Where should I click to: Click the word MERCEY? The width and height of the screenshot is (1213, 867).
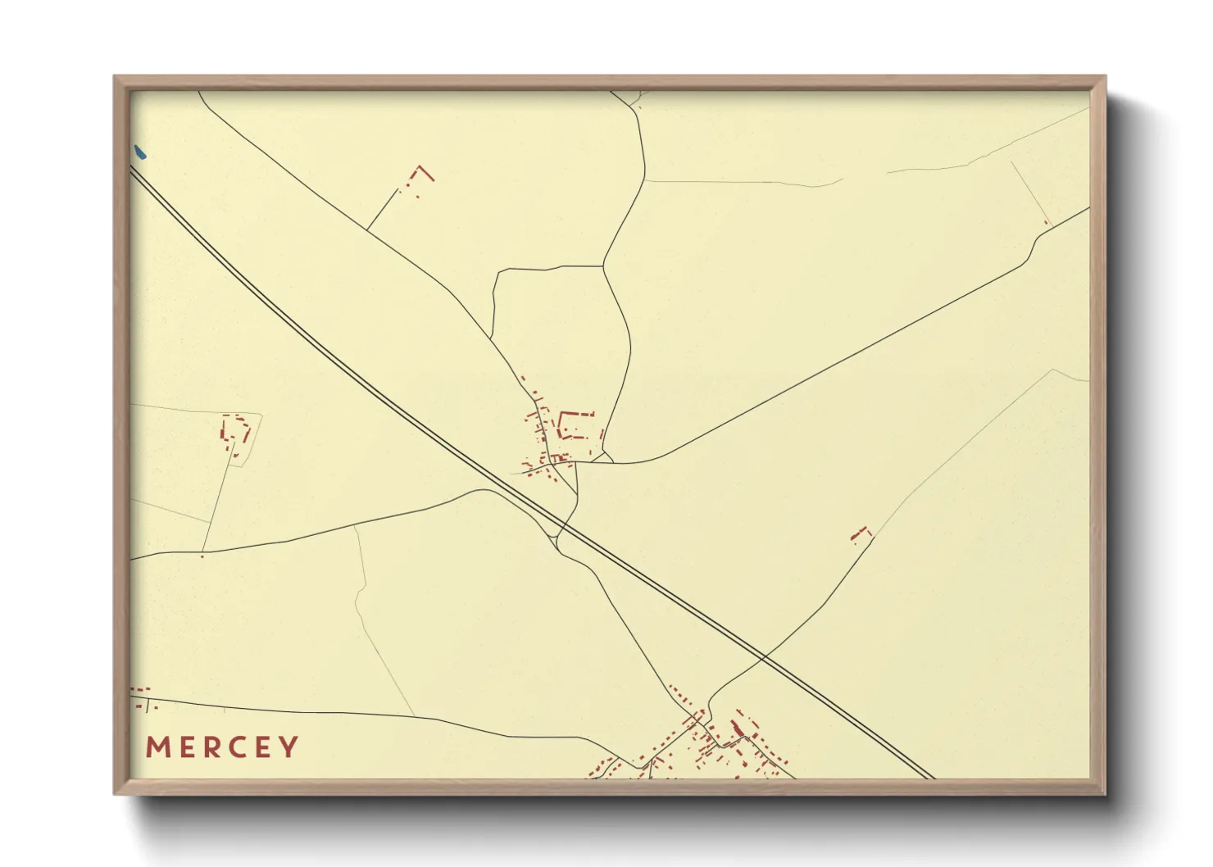click(x=222, y=747)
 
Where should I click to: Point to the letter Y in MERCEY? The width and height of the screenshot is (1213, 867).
click(x=289, y=747)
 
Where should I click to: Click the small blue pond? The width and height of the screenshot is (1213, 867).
click(x=139, y=152)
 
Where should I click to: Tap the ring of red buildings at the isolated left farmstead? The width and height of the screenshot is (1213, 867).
click(x=234, y=433)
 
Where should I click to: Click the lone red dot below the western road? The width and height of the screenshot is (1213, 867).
click(x=202, y=557)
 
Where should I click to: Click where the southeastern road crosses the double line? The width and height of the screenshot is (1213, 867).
click(x=763, y=656)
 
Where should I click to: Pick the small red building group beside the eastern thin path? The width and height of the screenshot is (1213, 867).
click(x=860, y=534)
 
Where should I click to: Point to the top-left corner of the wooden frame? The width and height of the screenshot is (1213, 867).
click(x=115, y=76)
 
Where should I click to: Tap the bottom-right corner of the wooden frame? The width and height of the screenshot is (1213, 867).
click(x=1105, y=794)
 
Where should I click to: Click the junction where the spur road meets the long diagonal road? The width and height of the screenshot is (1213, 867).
click(x=366, y=229)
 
